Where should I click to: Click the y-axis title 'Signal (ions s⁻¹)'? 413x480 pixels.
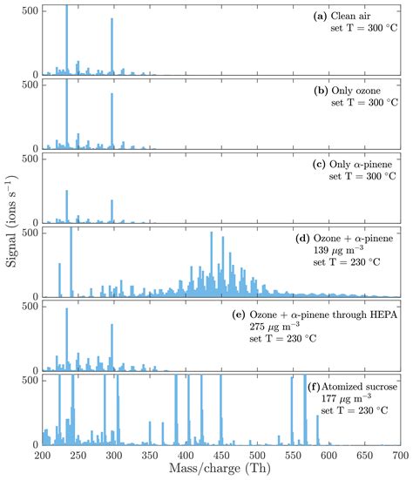tap(10, 228)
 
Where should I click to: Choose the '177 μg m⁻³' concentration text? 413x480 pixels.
tap(351, 399)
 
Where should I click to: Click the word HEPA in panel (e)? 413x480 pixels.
tap(381, 313)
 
